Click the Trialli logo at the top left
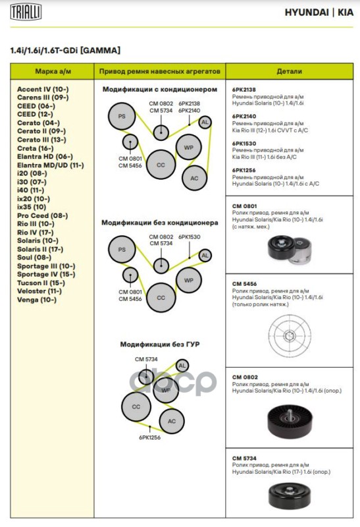pos(26,12)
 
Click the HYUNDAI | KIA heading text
pos(319,13)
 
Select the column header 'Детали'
pos(289,71)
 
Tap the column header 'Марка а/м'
pos(53,71)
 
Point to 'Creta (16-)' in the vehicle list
pos(36,148)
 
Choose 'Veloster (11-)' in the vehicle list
pos(39,291)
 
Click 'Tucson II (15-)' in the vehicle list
pos(41,283)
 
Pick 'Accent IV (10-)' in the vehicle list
pos(43,89)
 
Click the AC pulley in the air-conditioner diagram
pos(194,178)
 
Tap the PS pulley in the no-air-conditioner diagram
pos(122,250)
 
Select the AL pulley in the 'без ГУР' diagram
pos(182,366)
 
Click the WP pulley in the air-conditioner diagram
pos(189,147)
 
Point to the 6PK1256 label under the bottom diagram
pos(150,437)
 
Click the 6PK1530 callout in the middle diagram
pos(190,237)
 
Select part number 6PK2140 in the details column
pos(244,117)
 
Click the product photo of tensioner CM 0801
pos(290,248)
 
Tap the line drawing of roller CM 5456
pos(290,335)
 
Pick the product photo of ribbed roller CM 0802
pos(290,421)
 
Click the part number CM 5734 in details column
pos(244,458)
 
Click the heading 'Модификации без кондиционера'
pos(159,223)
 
